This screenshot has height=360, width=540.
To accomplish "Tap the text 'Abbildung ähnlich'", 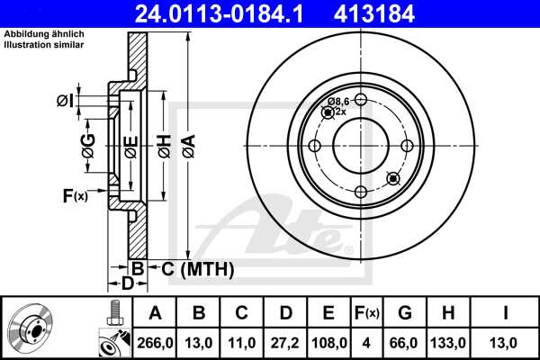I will [41, 34].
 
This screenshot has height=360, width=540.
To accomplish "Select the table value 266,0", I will [155, 342].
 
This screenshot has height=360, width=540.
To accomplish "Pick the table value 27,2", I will [285, 342].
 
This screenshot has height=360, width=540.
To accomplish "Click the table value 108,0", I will [328, 342].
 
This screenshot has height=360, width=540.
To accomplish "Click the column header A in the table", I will [155, 313].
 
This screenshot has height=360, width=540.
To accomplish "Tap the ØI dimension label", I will [64, 100].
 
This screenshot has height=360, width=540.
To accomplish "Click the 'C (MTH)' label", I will [192, 269].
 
